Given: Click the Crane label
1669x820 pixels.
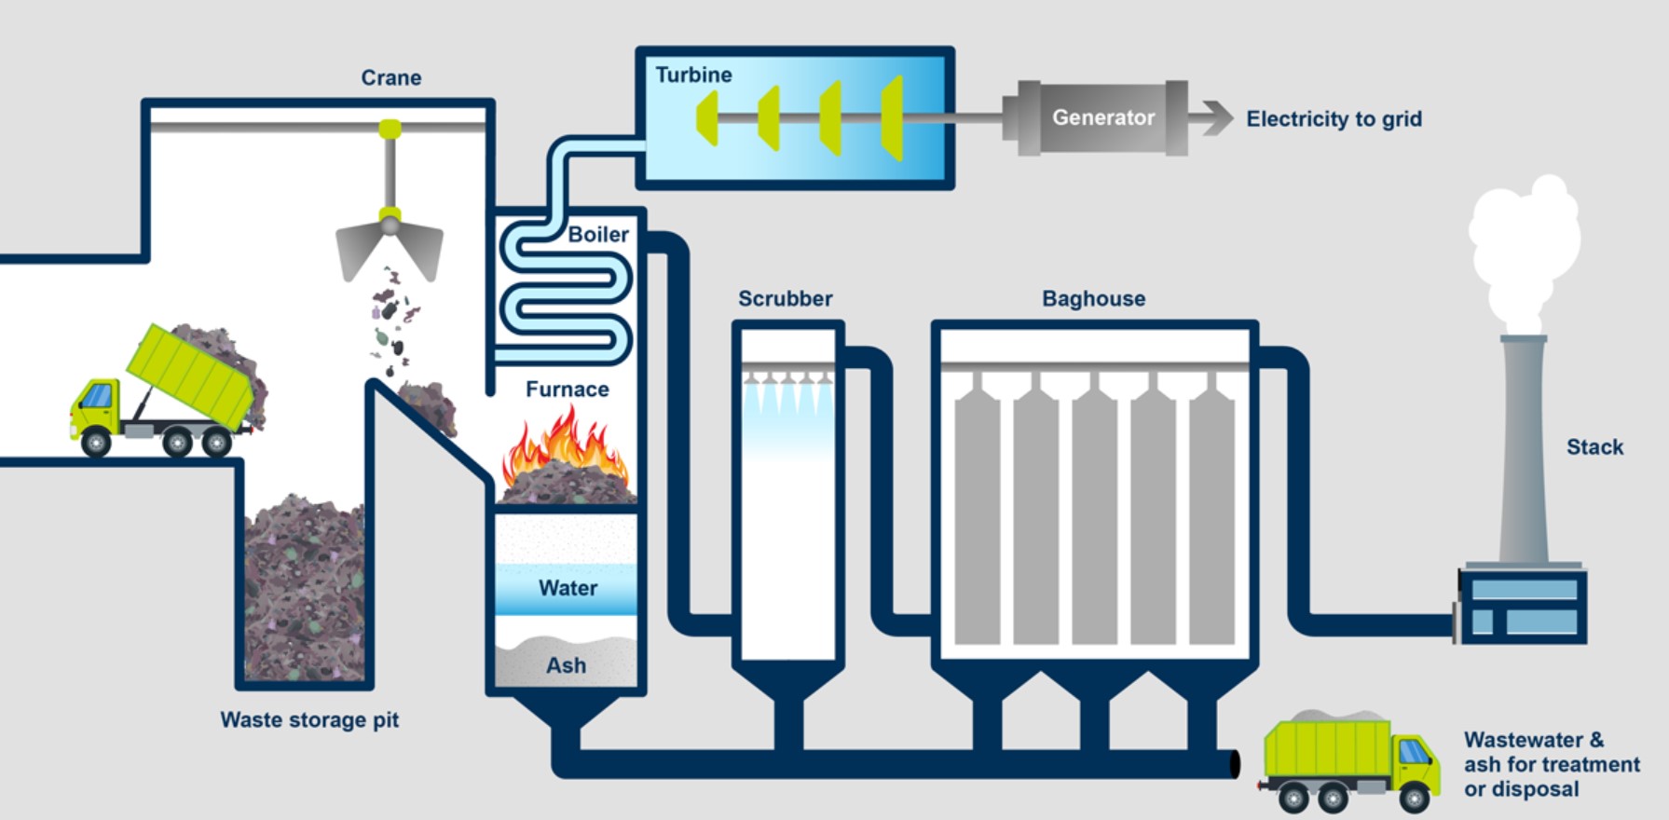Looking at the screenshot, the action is point(391,77).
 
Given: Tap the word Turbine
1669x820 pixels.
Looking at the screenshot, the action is point(693,75).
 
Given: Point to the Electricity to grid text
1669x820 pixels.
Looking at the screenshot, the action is point(1334,118).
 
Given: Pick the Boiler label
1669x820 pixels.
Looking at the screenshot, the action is point(598,234).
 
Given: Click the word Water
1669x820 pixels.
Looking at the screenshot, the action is point(568,588).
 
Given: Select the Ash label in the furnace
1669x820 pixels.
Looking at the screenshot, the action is point(566,665).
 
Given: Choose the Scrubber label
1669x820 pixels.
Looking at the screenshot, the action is point(786,298).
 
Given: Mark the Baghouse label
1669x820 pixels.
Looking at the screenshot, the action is point(1094,298).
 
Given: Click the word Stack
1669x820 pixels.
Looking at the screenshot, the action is point(1594,447).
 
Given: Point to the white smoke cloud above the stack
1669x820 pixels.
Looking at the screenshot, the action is point(1524,252).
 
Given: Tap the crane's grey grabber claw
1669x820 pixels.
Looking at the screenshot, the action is point(390,247).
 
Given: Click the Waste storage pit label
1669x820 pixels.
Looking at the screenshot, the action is point(309,719).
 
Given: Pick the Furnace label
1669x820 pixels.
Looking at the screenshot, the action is point(567,389).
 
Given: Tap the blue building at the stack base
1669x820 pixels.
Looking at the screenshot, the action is point(1522,606).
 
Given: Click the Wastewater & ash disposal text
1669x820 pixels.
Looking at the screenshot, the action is point(1552,764).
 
